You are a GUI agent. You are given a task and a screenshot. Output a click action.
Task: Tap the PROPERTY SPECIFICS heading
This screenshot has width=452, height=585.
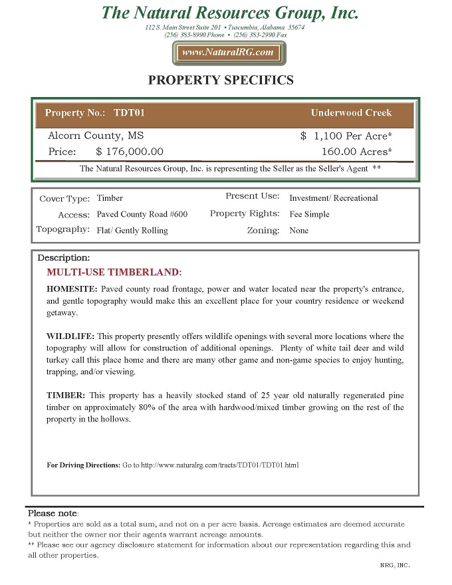221,80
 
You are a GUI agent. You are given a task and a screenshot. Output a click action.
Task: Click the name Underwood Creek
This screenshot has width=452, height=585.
351,113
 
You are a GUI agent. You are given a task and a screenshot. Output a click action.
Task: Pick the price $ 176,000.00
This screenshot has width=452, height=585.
130,152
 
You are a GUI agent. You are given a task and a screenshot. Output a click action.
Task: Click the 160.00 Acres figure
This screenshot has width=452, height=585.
356,152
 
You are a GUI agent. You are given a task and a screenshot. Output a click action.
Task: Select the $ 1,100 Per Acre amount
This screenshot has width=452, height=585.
346,136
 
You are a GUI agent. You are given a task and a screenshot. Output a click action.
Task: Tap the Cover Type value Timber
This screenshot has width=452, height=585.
110,198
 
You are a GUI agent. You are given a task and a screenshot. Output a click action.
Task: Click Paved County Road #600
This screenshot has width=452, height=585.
142,215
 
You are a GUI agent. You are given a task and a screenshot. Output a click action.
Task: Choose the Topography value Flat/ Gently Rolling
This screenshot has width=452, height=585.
132,231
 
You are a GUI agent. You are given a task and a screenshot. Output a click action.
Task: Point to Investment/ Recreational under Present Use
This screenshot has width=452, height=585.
334,198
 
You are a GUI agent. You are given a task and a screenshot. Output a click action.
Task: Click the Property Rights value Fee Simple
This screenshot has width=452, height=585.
309,215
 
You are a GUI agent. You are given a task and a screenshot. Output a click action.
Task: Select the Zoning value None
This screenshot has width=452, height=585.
298,231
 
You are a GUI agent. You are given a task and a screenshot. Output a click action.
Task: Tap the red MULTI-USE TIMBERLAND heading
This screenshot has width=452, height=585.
114,273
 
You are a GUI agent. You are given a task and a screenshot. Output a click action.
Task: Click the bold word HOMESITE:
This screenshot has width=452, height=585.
72,290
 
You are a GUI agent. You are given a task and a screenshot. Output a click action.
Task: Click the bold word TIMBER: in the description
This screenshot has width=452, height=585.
65,395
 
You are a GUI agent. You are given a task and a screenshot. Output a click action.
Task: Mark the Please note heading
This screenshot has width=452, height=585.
53,513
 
